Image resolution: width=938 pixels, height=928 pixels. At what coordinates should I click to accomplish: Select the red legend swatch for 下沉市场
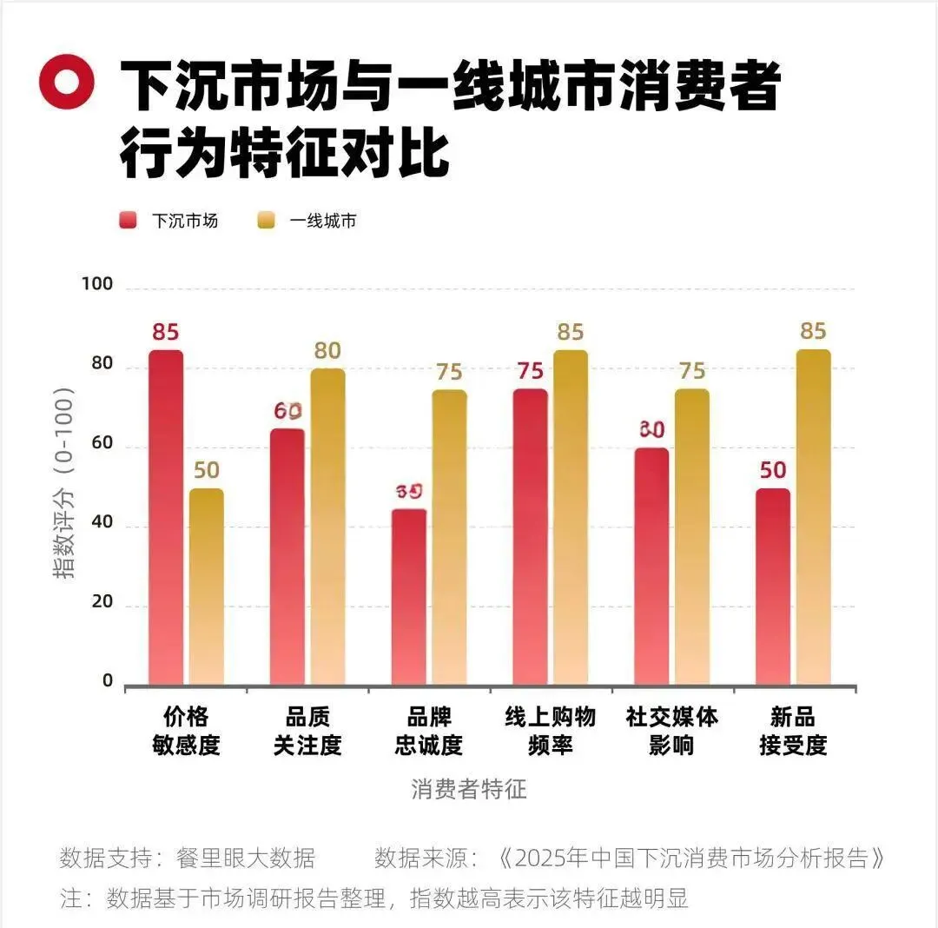click(128, 221)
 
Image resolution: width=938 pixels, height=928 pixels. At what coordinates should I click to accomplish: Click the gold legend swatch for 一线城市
click(266, 221)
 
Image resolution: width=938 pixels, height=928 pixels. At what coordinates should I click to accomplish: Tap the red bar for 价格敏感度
click(166, 518)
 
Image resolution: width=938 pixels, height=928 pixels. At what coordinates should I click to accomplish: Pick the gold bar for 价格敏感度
click(207, 587)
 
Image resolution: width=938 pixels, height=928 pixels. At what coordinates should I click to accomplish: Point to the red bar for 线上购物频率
click(530, 537)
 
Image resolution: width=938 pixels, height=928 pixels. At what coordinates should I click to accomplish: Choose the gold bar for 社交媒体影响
click(691, 537)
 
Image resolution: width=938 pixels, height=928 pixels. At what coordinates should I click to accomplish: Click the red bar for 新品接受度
click(772, 587)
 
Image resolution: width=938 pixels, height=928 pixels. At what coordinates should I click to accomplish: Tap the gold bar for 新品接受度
click(813, 518)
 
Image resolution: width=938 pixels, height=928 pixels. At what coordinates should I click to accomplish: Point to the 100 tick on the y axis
click(96, 284)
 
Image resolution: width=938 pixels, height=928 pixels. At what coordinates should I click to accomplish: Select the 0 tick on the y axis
click(108, 681)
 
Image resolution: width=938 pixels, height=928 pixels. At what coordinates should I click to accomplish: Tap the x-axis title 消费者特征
click(469, 789)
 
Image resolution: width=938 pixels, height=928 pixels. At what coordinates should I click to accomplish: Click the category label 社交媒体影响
click(671, 731)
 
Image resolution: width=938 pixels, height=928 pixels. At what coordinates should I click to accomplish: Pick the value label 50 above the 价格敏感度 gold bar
click(207, 470)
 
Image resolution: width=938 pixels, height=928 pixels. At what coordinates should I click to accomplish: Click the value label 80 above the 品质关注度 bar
click(327, 351)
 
